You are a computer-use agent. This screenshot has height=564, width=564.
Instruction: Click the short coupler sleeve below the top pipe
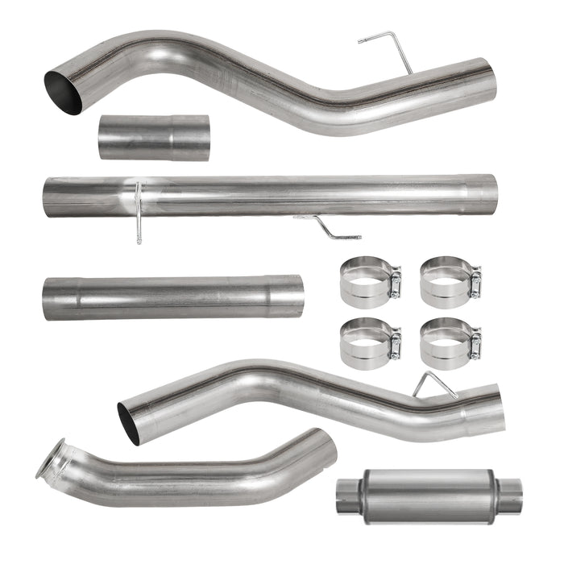154,136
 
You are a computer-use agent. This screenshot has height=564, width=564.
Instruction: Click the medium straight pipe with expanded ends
173,297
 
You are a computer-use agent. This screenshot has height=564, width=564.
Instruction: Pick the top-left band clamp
367,281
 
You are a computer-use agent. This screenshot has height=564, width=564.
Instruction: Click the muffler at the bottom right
428,493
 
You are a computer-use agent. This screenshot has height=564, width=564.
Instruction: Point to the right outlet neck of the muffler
508,492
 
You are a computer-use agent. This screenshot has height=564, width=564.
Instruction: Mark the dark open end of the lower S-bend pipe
129,422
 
